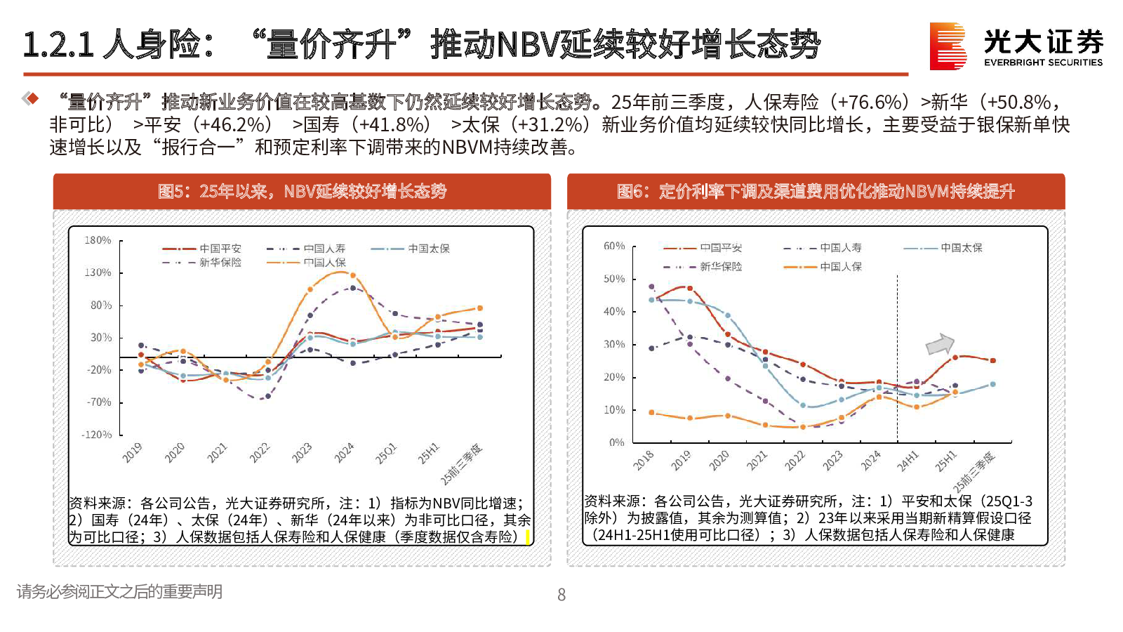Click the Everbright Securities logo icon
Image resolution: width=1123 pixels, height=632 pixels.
coord(948,46)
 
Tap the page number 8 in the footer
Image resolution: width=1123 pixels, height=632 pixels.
coord(561,595)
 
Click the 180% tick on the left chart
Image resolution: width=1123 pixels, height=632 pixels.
coord(98,240)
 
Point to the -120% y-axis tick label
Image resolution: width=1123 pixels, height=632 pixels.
coord(96,435)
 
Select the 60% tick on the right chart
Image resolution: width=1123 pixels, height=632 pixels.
coord(614,246)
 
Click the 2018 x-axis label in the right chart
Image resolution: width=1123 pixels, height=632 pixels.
coord(644,460)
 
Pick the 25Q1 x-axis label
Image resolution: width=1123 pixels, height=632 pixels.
coord(385,454)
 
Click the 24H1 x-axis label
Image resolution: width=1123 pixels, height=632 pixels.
coord(908,461)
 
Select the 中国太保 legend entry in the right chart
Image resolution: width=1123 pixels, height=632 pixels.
coord(961,248)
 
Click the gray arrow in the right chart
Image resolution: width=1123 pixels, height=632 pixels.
coord(940,344)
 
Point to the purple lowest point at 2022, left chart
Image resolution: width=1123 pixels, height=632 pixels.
coord(267,396)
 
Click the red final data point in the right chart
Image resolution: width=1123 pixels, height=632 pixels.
coord(992,361)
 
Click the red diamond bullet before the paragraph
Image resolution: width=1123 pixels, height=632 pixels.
coord(31,98)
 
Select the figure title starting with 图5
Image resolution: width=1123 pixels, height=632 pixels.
coord(302,191)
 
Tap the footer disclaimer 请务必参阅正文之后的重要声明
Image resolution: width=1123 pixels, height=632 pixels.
coord(119,592)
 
